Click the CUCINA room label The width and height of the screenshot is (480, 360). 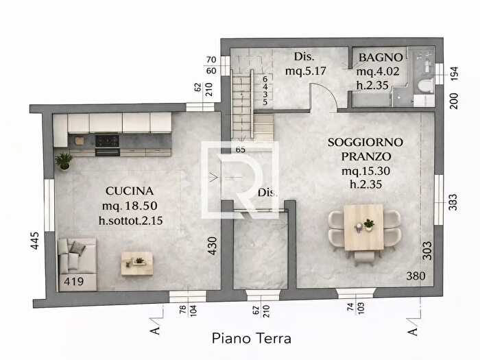pos(129,191)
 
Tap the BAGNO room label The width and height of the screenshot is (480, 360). pos(375,57)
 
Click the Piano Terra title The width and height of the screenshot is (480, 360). pos(251,338)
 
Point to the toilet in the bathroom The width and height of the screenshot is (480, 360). pos(423,86)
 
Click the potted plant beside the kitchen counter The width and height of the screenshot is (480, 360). pos(64,161)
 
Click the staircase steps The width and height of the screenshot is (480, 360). pos(243,103)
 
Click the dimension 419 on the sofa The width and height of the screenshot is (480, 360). pos(73,280)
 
